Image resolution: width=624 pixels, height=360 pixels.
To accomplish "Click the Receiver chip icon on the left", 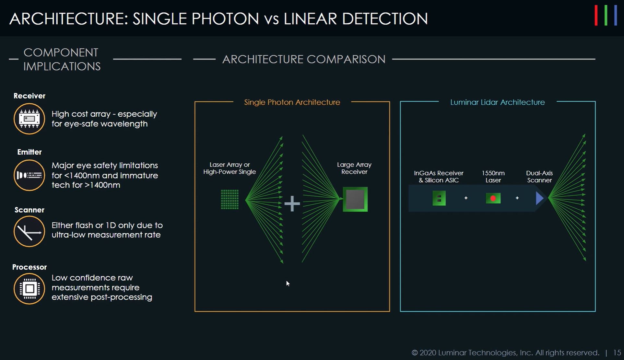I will [29, 119].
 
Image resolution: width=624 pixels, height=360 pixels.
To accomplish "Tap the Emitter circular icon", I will [29, 175].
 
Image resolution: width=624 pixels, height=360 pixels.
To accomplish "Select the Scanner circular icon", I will [29, 231].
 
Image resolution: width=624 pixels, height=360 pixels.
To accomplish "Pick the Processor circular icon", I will [29, 288].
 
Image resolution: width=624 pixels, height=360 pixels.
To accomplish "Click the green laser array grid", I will [230, 199].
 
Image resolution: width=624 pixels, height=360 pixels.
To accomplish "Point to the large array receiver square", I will [355, 199].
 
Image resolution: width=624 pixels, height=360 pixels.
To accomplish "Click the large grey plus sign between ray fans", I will [292, 203].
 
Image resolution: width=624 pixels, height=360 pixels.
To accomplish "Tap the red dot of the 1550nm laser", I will [493, 198].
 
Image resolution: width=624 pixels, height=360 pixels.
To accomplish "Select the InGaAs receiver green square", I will [439, 198].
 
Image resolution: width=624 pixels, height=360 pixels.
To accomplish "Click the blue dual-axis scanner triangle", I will [539, 198].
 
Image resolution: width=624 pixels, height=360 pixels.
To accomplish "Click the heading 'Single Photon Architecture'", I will [292, 102].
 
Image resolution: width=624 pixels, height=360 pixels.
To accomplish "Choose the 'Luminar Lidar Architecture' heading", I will [497, 102].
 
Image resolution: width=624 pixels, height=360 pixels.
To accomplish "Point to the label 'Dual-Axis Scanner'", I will [539, 177].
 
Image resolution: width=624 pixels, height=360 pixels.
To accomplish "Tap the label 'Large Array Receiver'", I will [354, 168].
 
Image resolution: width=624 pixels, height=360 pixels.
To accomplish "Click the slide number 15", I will [617, 353].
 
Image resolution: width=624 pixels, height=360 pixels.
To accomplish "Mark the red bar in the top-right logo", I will [596, 15].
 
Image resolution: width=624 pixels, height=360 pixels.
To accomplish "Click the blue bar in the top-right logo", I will [615, 15].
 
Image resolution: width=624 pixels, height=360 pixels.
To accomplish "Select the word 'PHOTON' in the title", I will [225, 19].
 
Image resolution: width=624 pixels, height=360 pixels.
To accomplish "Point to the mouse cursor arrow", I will [287, 283].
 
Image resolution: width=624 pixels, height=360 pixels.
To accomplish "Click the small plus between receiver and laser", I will [466, 198].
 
